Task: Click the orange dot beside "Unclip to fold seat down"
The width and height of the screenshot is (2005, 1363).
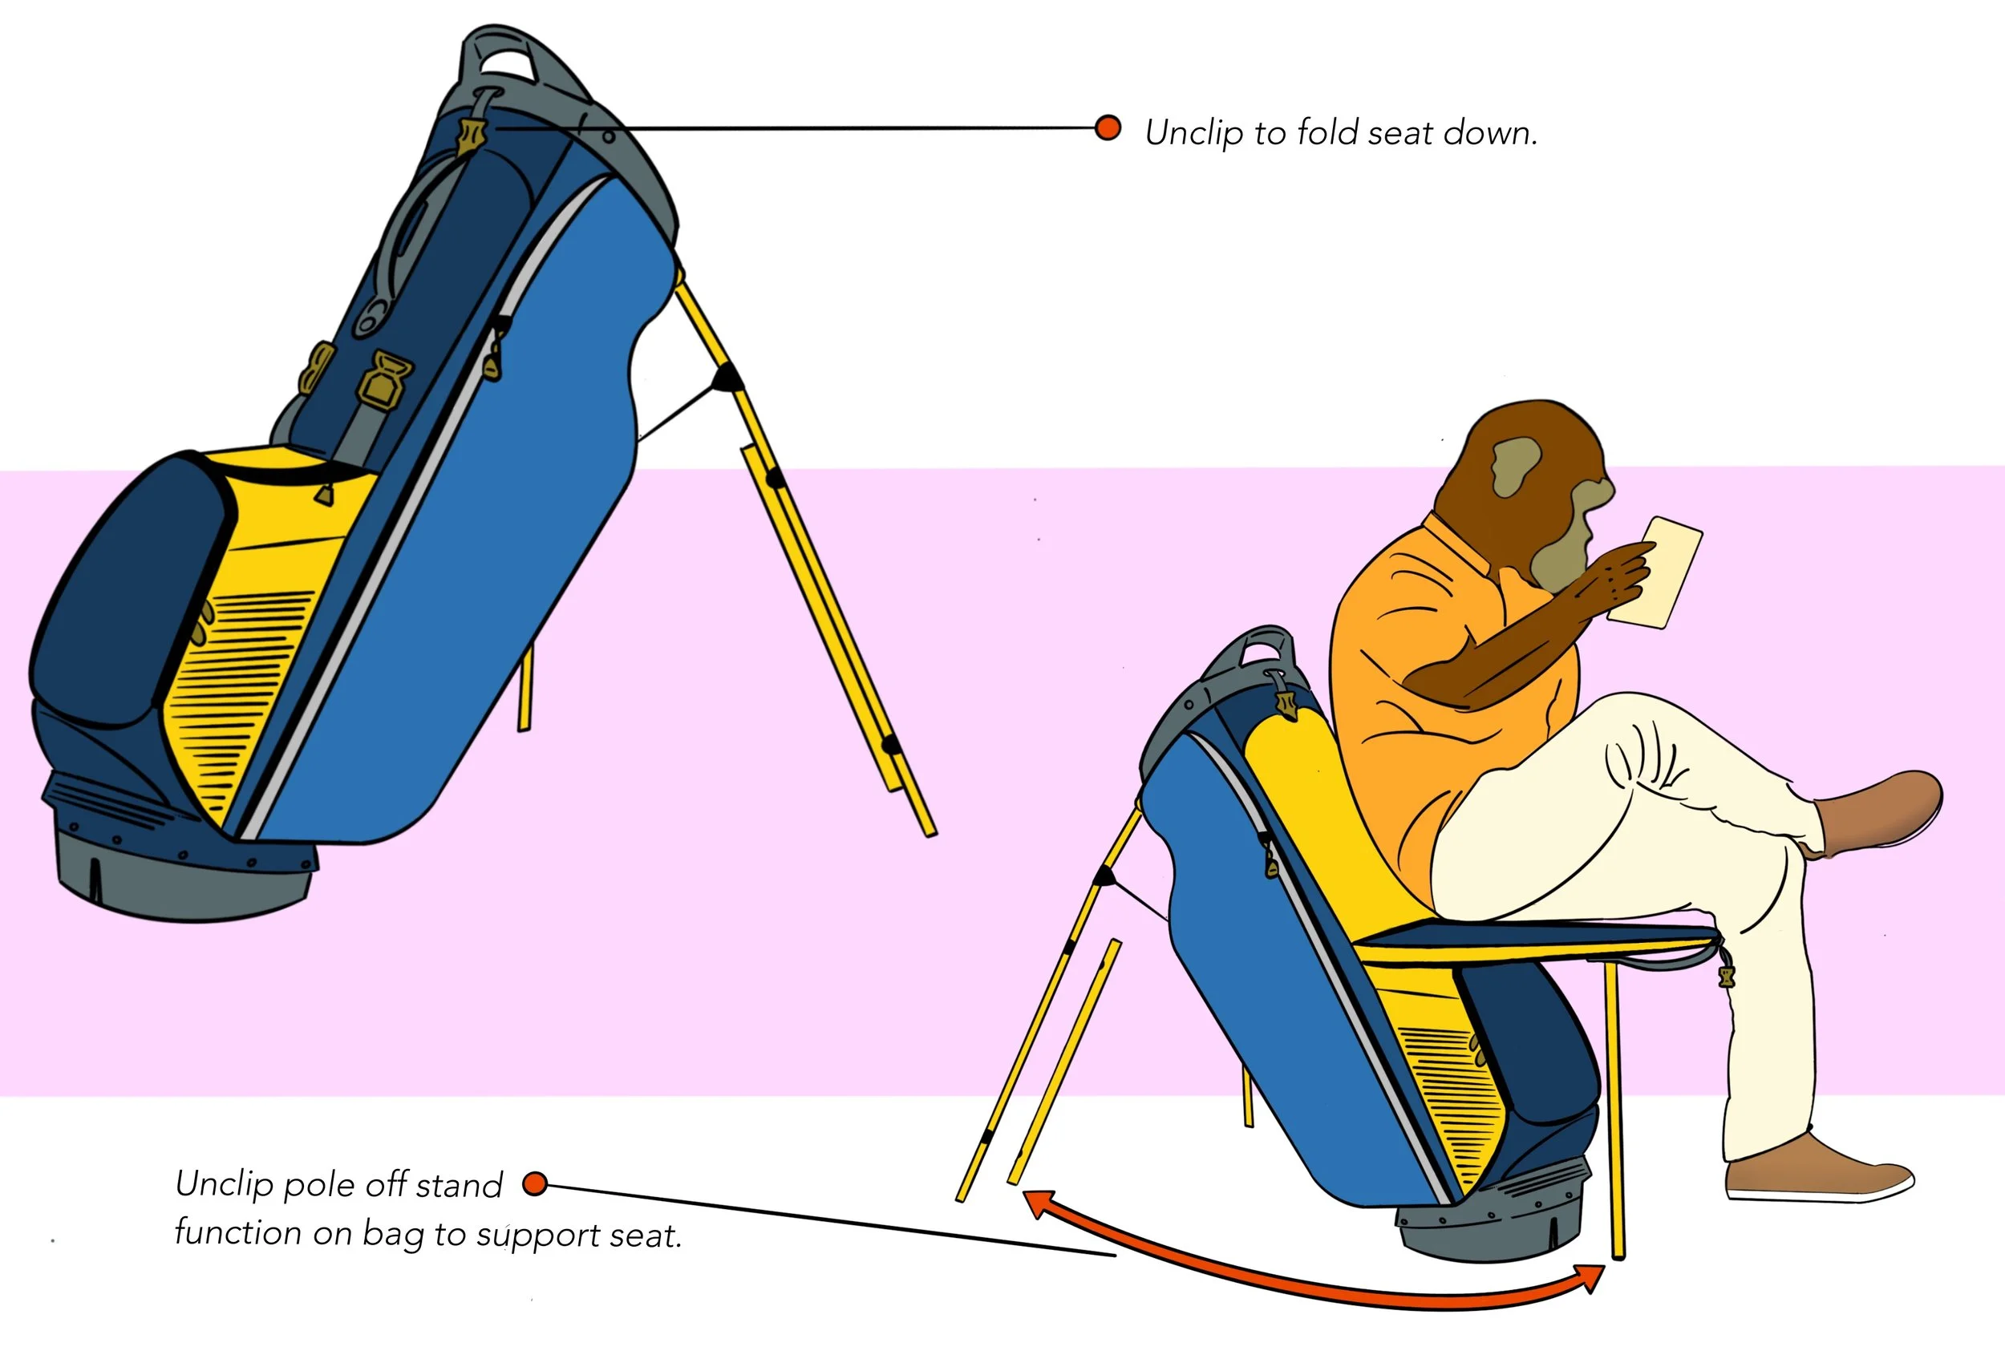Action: coord(1108,128)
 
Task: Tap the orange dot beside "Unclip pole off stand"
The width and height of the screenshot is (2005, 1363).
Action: coord(535,1183)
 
